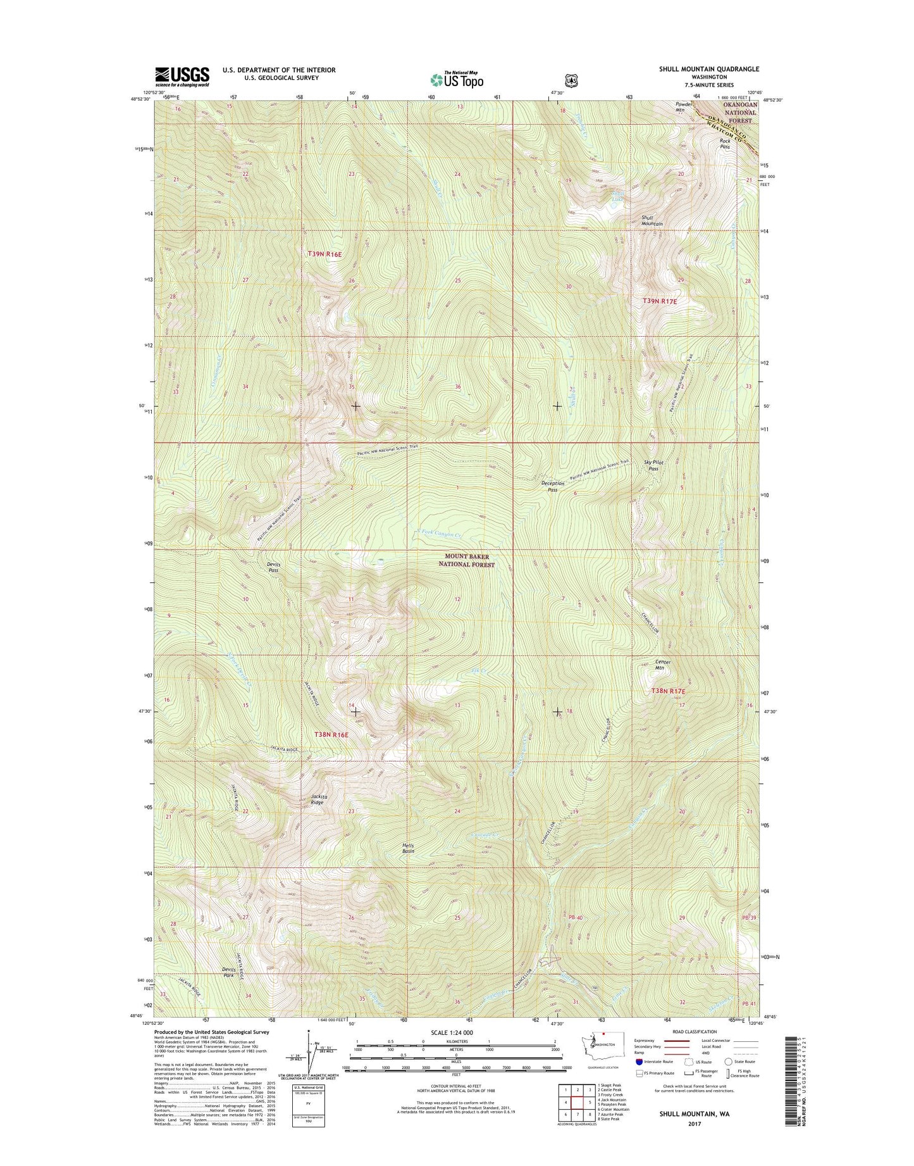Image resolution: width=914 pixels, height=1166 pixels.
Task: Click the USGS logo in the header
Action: (x=182, y=77)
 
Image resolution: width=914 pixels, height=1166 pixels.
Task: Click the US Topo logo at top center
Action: (x=457, y=79)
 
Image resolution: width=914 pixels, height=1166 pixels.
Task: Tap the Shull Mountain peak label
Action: (x=652, y=220)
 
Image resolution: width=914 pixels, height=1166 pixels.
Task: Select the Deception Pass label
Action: (x=553, y=486)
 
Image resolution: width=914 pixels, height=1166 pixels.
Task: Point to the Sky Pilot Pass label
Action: (x=653, y=465)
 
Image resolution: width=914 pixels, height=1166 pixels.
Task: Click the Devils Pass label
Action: (x=273, y=567)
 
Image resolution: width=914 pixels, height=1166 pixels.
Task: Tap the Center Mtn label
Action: (x=662, y=665)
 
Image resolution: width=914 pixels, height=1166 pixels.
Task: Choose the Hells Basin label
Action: (x=409, y=848)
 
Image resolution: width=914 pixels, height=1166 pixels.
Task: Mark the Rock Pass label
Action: (x=725, y=144)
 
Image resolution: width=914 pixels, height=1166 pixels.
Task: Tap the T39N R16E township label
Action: (x=324, y=254)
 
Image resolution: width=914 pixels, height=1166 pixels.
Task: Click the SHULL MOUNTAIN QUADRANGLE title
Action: (x=708, y=69)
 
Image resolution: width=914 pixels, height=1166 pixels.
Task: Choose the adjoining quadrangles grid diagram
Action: (x=576, y=1105)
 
